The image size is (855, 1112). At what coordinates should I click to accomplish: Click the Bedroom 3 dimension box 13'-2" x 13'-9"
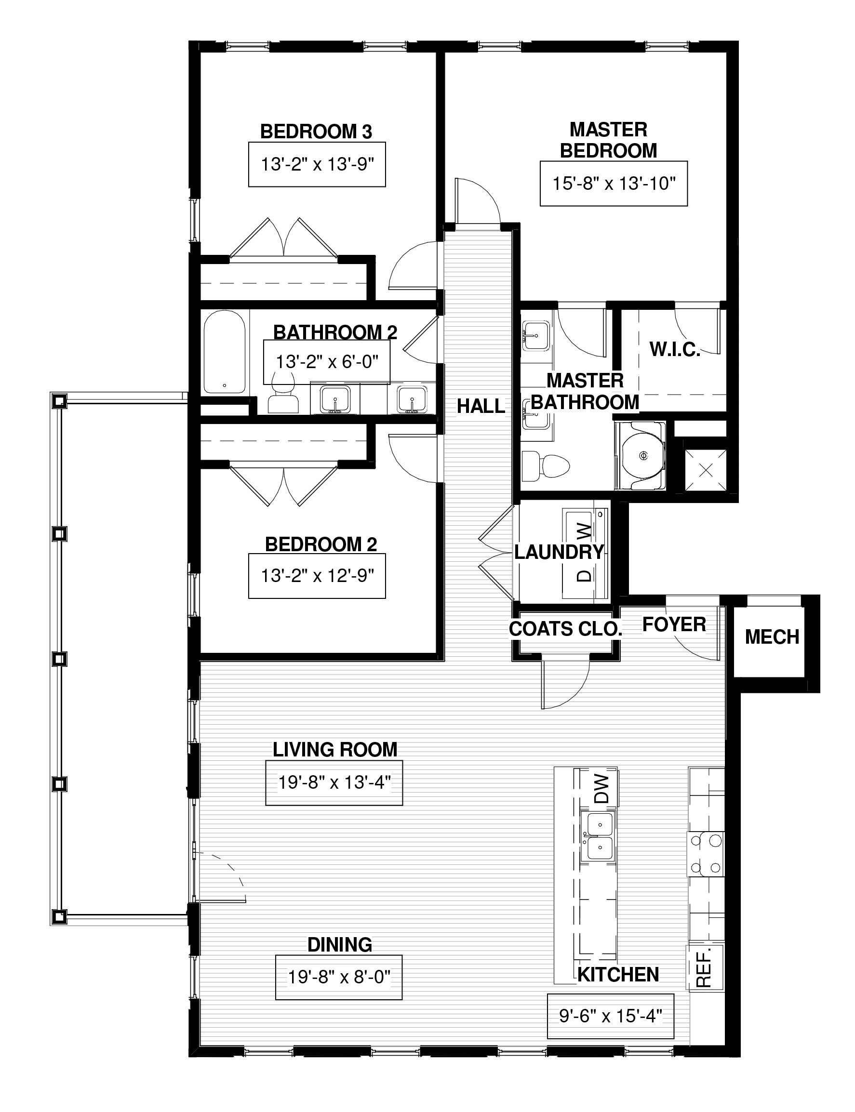coord(317,164)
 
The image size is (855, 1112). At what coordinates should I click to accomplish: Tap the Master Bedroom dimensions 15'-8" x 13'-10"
coord(614,184)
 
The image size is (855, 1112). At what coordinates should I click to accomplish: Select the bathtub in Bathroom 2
coord(225,352)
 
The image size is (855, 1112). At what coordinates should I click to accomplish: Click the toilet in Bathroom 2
coord(283,392)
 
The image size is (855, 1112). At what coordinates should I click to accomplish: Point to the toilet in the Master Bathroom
coord(546,464)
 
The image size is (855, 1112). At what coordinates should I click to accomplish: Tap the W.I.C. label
coord(675,349)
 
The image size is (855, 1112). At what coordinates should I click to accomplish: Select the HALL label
coord(481,406)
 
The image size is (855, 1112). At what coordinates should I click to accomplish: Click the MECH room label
coord(772,637)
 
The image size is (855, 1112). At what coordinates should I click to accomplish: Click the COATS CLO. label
coord(565,629)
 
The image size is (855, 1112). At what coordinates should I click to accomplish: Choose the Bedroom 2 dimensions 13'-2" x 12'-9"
coord(317,576)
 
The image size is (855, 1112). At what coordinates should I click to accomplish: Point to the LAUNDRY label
coord(559,552)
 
